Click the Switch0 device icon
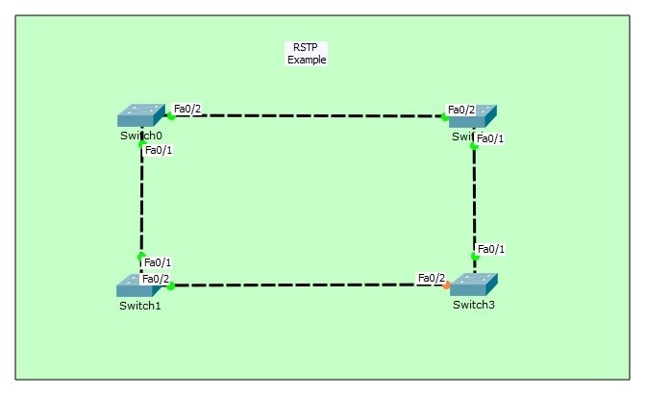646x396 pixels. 140,115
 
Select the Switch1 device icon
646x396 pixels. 140,285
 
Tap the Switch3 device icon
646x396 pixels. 474,285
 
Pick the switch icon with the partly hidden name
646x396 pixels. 472,115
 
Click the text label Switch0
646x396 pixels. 140,136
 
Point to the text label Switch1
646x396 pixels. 139,307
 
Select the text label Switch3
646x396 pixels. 473,306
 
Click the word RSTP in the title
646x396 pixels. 307,48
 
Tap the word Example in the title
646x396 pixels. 307,60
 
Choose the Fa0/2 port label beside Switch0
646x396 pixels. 187,109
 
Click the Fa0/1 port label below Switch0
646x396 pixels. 159,150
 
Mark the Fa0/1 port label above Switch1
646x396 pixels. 158,262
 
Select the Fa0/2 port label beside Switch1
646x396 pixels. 156,279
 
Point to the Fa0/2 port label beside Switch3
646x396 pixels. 432,278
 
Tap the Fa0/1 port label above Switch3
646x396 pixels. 491,249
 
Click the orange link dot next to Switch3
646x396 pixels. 446,285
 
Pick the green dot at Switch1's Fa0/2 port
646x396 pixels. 171,286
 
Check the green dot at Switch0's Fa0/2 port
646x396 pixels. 170,116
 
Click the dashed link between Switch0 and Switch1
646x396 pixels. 141,202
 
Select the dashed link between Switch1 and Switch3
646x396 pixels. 308,285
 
